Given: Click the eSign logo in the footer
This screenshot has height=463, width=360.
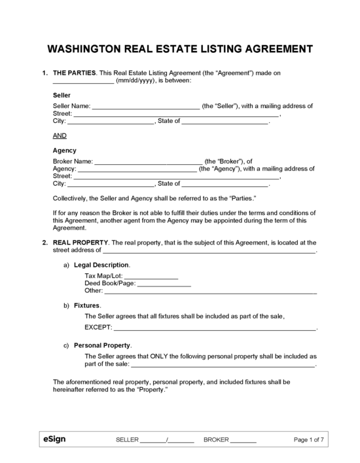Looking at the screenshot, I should point(54,439).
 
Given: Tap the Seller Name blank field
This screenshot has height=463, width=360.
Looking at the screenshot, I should point(145,106).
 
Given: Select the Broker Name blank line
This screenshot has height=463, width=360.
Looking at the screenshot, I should point(149,161).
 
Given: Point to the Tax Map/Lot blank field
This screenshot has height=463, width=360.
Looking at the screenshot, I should point(151,277).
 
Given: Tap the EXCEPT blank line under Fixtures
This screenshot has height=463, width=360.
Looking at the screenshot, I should point(215,327).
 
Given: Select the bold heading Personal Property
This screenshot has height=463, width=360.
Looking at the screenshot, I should point(103,345).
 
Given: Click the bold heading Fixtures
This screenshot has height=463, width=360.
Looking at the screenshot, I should point(87,305).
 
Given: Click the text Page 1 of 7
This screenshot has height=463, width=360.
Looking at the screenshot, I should point(310,440).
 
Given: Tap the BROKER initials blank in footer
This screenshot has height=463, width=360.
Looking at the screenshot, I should point(244,441).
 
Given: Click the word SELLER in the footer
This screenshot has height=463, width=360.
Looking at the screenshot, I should point(127,440).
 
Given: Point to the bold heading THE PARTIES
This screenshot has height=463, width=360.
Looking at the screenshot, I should point(74,72).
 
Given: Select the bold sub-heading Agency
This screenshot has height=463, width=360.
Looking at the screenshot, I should point(64,150).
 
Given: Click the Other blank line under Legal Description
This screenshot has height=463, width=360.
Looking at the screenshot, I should point(211,292).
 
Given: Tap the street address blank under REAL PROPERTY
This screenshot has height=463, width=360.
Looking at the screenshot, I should point(209,250).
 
